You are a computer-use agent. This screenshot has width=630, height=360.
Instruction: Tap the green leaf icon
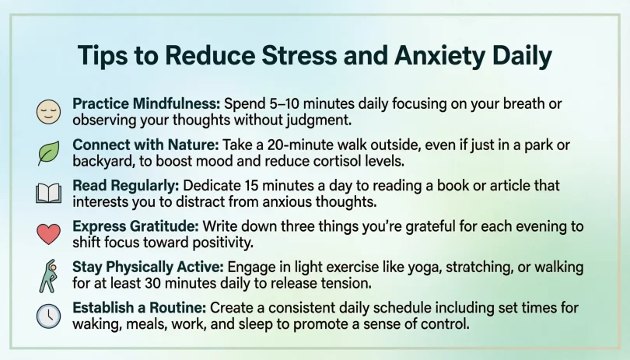coord(48,153)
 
